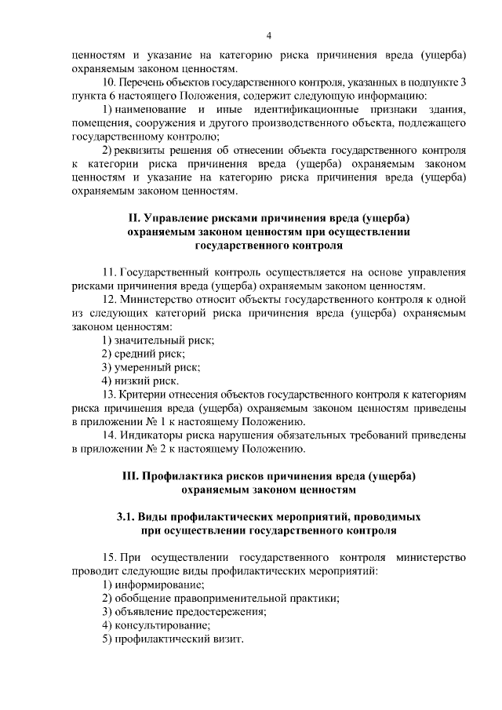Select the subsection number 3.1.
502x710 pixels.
pyautogui.click(x=125, y=518)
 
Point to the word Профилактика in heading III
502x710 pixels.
pyautogui.click(x=183, y=476)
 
